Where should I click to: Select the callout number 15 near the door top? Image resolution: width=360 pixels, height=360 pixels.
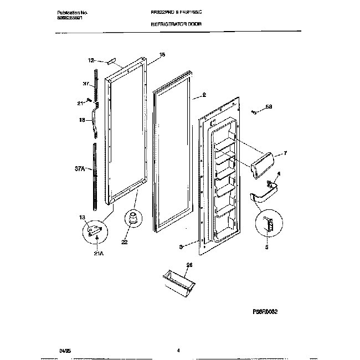(162, 54)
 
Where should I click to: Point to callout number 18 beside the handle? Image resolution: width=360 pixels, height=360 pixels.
(81, 119)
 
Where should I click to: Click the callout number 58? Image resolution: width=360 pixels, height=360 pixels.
(270, 107)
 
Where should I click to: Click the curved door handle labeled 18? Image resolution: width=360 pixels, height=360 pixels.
(97, 122)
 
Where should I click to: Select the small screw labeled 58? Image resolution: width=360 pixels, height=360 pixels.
(254, 112)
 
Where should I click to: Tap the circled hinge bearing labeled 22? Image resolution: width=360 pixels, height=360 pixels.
(132, 220)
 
